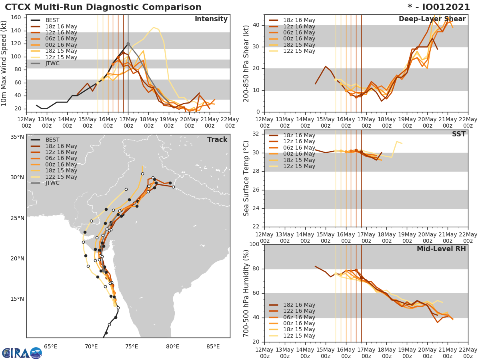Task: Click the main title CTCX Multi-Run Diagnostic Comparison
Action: click(103, 7)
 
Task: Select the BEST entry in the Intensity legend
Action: click(52, 20)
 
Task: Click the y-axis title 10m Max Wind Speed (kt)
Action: click(5, 62)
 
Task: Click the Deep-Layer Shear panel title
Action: click(432, 19)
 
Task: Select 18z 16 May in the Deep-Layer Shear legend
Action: click(299, 20)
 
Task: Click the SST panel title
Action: click(458, 134)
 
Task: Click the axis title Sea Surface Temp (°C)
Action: click(246, 178)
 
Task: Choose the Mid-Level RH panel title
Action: click(441, 249)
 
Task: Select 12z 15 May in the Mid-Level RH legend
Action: click(299, 336)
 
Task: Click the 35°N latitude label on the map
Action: click(17, 137)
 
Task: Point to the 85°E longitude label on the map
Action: click(213, 347)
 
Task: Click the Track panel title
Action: click(217, 140)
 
